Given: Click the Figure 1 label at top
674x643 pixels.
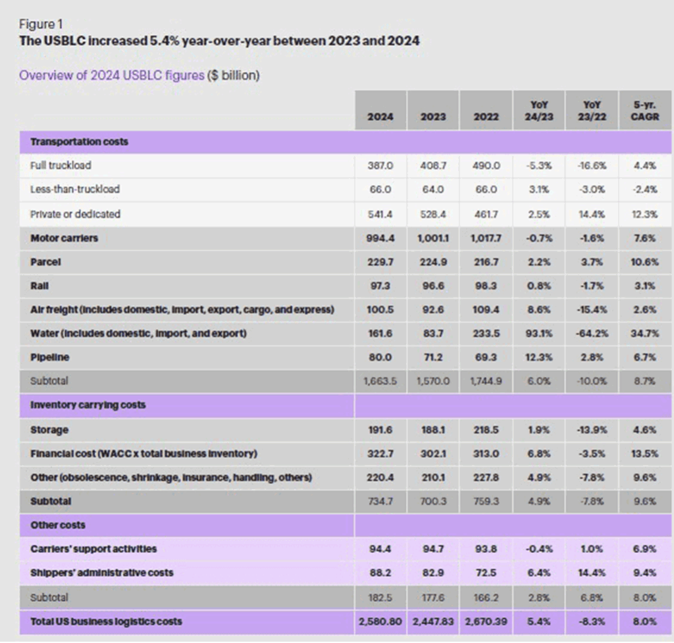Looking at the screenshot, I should click(x=37, y=24).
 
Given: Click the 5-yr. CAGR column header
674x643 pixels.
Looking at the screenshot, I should click(x=644, y=111).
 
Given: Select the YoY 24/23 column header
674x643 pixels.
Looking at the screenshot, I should click(x=539, y=111).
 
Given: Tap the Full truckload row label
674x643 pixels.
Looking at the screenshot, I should click(x=61, y=166).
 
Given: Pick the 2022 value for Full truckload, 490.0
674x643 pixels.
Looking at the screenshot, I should click(x=486, y=166).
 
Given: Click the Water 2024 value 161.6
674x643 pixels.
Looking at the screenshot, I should click(x=380, y=334).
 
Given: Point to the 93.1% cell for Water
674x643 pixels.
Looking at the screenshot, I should click(x=539, y=334).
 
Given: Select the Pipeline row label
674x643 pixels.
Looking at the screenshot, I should click(x=49, y=357).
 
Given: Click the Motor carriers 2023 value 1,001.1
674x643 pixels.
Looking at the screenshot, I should click(x=433, y=238).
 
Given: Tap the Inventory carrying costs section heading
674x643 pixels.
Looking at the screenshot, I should click(x=88, y=405).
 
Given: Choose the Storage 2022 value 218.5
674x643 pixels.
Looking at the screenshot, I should click(x=486, y=430).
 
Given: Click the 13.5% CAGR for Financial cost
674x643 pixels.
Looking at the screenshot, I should click(x=644, y=453).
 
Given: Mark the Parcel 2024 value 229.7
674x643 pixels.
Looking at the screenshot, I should click(x=380, y=262).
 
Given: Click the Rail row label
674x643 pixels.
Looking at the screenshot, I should click(x=39, y=286).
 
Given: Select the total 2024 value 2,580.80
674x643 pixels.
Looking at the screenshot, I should click(x=380, y=621).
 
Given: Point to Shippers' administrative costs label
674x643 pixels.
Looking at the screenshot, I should click(x=101, y=573).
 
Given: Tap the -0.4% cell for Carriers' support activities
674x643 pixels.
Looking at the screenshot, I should click(x=539, y=549).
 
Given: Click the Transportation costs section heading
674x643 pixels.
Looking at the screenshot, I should click(x=79, y=142).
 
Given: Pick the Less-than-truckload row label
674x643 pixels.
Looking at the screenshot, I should click(x=75, y=190).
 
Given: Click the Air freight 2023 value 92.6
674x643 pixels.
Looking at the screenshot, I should click(x=433, y=310).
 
